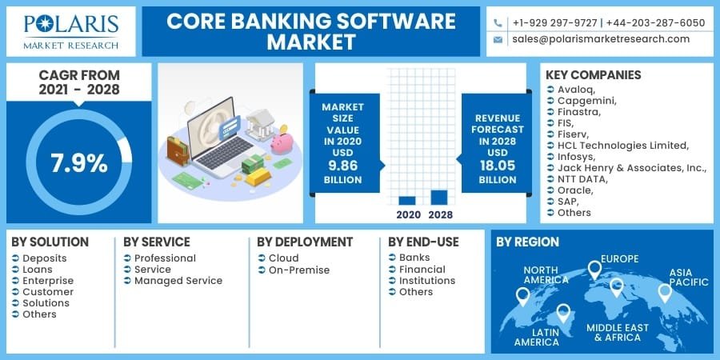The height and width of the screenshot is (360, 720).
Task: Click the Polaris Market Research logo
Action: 71,31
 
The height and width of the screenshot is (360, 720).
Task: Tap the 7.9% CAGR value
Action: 79,162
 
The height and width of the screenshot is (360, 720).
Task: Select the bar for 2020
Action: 406,200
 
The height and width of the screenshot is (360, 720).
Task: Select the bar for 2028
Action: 439,197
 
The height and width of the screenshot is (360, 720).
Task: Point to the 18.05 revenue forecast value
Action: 498,166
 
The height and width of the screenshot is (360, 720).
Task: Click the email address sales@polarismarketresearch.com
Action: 601,38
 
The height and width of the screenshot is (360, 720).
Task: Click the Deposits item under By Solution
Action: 45,258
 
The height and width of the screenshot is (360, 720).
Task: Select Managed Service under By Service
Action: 178,281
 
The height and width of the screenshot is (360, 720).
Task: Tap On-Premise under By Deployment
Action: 299,270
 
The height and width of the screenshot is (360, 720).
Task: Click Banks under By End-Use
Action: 414,258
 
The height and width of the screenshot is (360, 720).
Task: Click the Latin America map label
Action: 537,336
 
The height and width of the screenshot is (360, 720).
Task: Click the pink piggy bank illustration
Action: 281,143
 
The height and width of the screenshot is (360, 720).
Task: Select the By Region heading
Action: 527,242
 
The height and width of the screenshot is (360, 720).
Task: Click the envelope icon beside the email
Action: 498,39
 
